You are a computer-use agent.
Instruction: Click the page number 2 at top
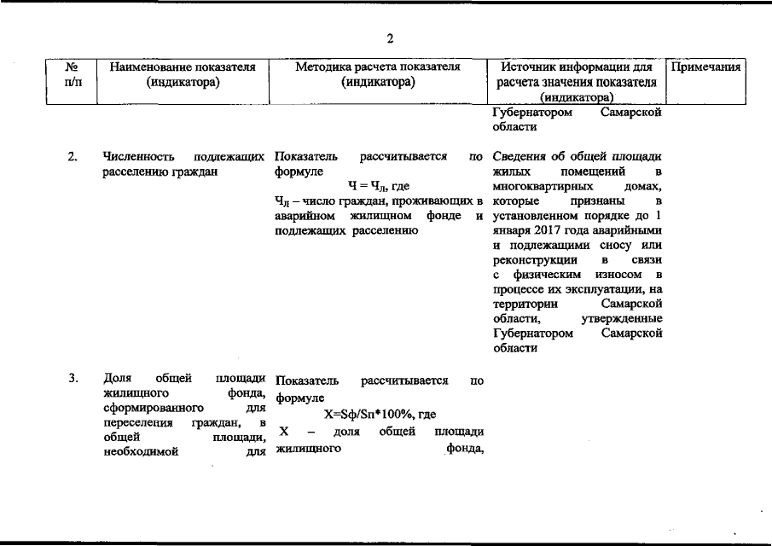point(389,38)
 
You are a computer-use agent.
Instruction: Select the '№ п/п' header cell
point(73,75)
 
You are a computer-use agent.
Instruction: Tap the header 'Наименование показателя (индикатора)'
point(183,75)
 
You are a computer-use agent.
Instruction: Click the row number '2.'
point(73,157)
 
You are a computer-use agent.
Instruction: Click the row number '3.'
point(73,378)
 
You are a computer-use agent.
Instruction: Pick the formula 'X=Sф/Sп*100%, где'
point(375,414)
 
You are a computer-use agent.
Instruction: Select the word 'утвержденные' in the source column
point(622,318)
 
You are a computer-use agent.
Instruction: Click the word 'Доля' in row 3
point(115,378)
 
